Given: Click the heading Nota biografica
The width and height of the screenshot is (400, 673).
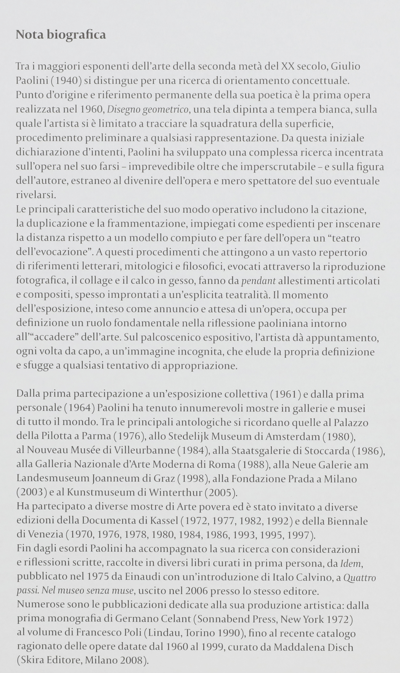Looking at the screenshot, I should pyautogui.click(x=61, y=34).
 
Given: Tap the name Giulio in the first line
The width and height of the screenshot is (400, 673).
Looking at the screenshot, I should pyautogui.click(x=346, y=66).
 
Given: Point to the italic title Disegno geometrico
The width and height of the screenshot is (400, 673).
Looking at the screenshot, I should pyautogui.click(x=148, y=110).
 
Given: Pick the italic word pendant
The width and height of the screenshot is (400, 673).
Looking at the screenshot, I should pyautogui.click(x=258, y=281).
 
